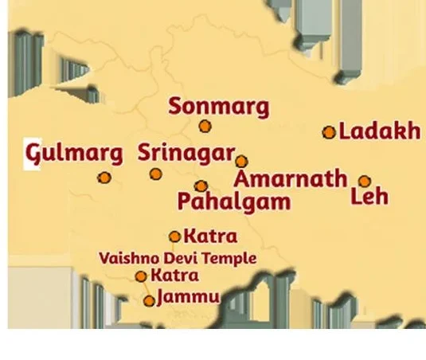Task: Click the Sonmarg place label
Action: click(220, 106)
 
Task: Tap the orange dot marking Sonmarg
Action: click(205, 126)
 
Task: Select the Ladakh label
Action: click(379, 131)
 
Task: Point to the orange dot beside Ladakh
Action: click(329, 133)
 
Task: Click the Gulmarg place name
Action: click(74, 153)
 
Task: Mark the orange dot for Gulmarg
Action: click(104, 178)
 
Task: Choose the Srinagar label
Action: click(186, 153)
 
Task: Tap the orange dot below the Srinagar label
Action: click(156, 174)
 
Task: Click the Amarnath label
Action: click(291, 178)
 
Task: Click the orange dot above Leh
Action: click(364, 181)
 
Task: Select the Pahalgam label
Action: click(233, 202)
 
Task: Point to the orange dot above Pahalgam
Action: click(201, 186)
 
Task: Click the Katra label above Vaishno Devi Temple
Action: click(210, 237)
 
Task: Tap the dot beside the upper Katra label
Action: click(175, 237)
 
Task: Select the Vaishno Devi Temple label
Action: click(176, 258)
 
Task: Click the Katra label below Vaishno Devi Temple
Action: click(174, 276)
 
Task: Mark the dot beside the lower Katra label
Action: click(141, 276)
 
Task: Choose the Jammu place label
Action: click(188, 298)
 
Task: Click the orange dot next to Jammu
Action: click(149, 301)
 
